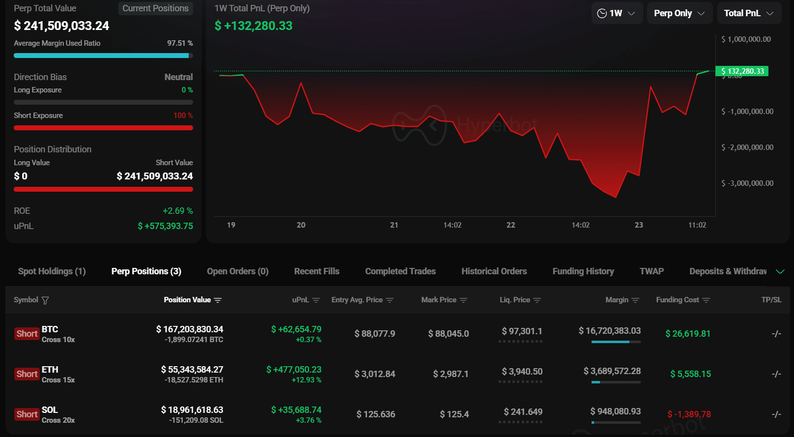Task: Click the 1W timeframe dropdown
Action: pyautogui.click(x=617, y=13)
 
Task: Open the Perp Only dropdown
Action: pyautogui.click(x=679, y=13)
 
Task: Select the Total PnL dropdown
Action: pyautogui.click(x=749, y=13)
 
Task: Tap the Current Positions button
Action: pyautogui.click(x=156, y=8)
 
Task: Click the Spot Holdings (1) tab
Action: pyautogui.click(x=52, y=271)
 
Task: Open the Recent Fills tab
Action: pyautogui.click(x=317, y=271)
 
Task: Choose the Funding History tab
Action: pyautogui.click(x=583, y=271)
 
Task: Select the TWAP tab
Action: pyautogui.click(x=652, y=271)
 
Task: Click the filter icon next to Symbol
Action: pyautogui.click(x=45, y=300)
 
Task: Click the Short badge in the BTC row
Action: pyautogui.click(x=27, y=334)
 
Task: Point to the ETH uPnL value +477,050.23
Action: pyautogui.click(x=294, y=370)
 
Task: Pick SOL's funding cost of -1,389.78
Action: pyautogui.click(x=689, y=414)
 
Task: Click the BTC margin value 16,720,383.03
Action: pyautogui.click(x=610, y=331)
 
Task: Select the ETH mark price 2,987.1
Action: pyautogui.click(x=451, y=374)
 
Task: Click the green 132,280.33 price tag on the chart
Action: pyautogui.click(x=742, y=71)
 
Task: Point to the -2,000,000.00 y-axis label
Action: pyautogui.click(x=747, y=147)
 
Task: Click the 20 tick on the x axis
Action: pyautogui.click(x=301, y=225)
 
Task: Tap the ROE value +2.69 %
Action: pyautogui.click(x=178, y=211)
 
